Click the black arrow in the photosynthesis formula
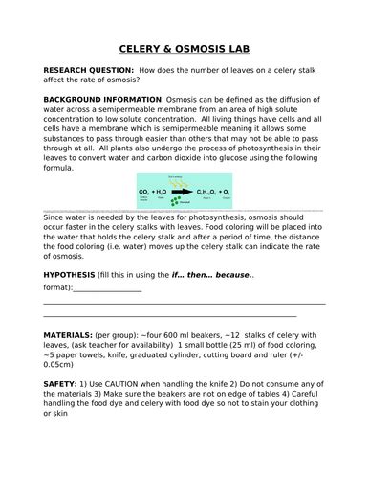181,192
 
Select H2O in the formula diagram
165,192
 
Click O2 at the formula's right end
225,192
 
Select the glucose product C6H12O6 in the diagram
204,192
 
